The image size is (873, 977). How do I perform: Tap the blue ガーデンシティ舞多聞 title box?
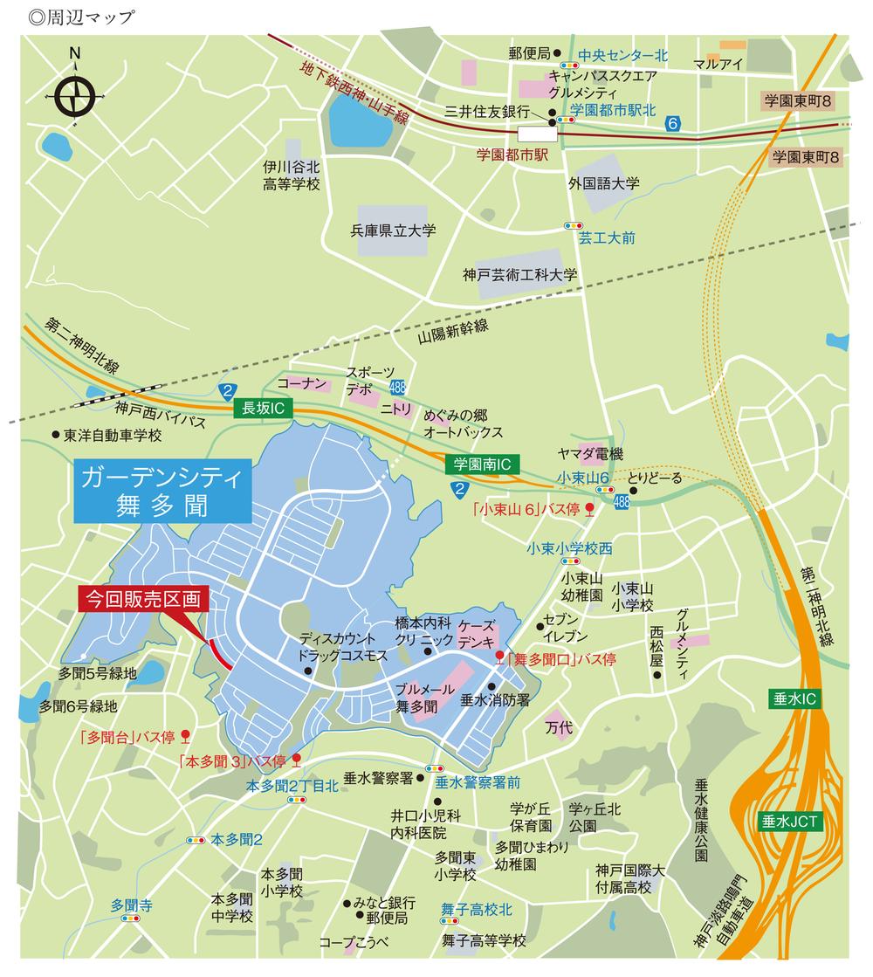coord(165,491)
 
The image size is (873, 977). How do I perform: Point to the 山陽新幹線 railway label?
coord(452,333)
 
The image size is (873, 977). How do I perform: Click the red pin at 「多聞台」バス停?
coord(185,734)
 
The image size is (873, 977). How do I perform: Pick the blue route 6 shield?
coord(673,124)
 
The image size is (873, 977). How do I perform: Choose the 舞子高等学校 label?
coord(484,940)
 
